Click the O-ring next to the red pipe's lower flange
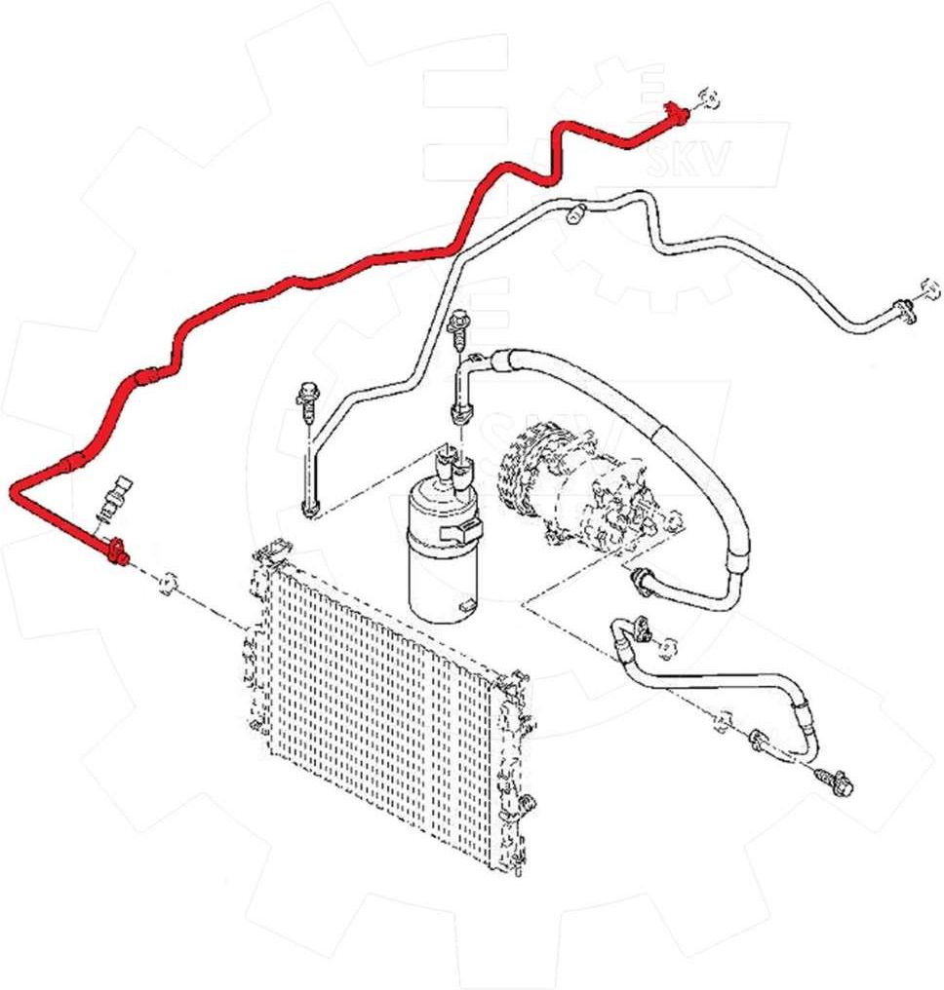coord(168,584)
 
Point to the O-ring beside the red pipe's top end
coord(710,99)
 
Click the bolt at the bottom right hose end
coord(837,780)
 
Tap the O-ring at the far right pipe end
coord(927,289)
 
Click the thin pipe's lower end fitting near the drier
coord(311,505)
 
